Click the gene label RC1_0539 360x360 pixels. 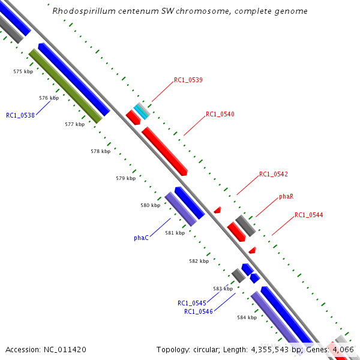coord(188,80)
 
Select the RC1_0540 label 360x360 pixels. coord(220,114)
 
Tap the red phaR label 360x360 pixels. coord(286,196)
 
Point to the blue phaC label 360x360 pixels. coord(141,238)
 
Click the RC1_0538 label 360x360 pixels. coord(20,115)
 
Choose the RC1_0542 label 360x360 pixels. coord(274,175)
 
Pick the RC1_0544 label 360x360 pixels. coord(308,215)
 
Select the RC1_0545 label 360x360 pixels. coord(192,303)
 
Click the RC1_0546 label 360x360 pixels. coord(199,311)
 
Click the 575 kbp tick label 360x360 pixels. coord(23,71)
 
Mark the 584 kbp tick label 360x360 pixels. coord(247,317)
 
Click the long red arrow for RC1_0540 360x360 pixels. coord(165,151)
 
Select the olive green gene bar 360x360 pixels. coord(65,86)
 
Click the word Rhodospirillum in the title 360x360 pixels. coord(81,11)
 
